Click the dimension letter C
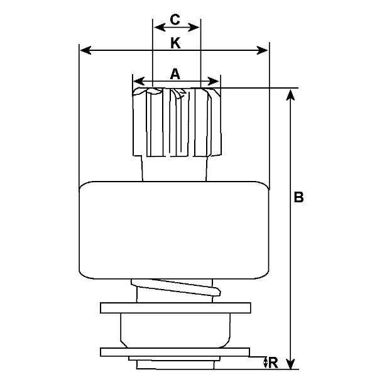(x=175, y=19)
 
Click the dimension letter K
(x=175, y=43)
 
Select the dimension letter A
(x=175, y=74)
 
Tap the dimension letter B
(x=298, y=197)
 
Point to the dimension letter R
(x=273, y=363)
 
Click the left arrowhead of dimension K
(x=85, y=50)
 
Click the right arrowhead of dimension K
(x=262, y=50)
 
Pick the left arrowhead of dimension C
(x=160, y=28)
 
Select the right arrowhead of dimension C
(x=194, y=28)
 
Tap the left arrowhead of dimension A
(x=139, y=81)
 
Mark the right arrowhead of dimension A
(x=214, y=81)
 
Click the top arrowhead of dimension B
(x=291, y=95)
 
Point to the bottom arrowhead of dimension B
(x=291, y=363)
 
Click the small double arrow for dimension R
(x=265, y=363)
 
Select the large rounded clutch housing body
(x=174, y=231)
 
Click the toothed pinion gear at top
(x=177, y=122)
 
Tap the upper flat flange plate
(x=175, y=308)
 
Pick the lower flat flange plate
(x=175, y=352)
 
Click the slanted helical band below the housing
(x=176, y=288)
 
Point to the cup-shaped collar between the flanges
(x=175, y=331)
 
